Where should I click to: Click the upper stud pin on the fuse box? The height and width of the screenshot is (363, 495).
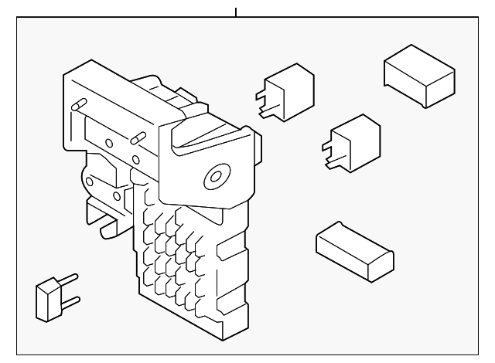click(79, 106)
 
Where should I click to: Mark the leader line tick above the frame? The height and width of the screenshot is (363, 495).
click(236, 12)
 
